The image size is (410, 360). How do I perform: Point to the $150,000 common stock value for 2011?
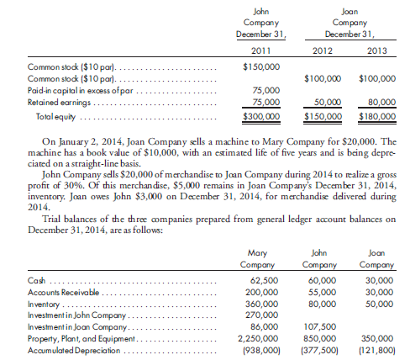tap(260, 66)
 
